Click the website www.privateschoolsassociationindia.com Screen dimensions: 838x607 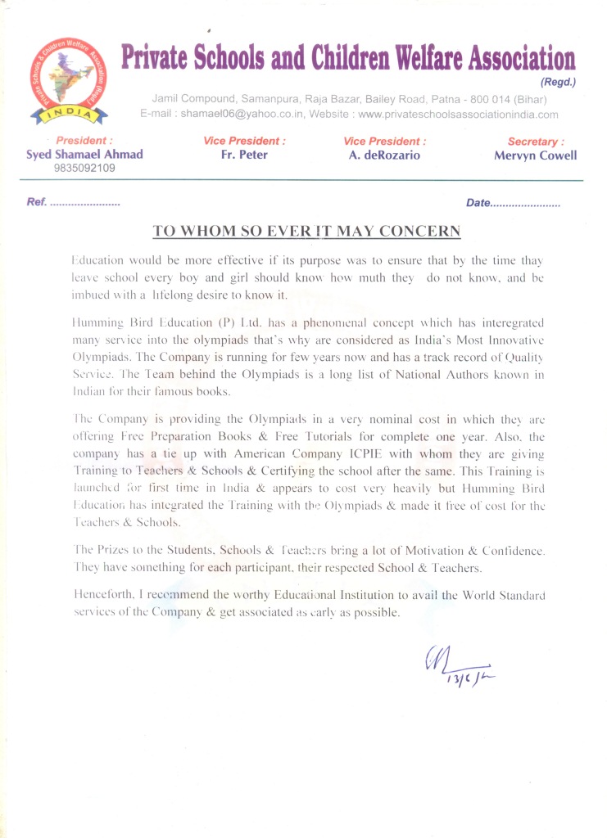(459, 115)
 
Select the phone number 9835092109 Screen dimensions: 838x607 (84, 168)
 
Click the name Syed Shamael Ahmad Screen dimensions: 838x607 (84, 155)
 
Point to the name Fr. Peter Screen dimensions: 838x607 (244, 155)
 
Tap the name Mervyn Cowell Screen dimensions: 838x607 (535, 155)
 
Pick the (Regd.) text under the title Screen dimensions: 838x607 (559, 82)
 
